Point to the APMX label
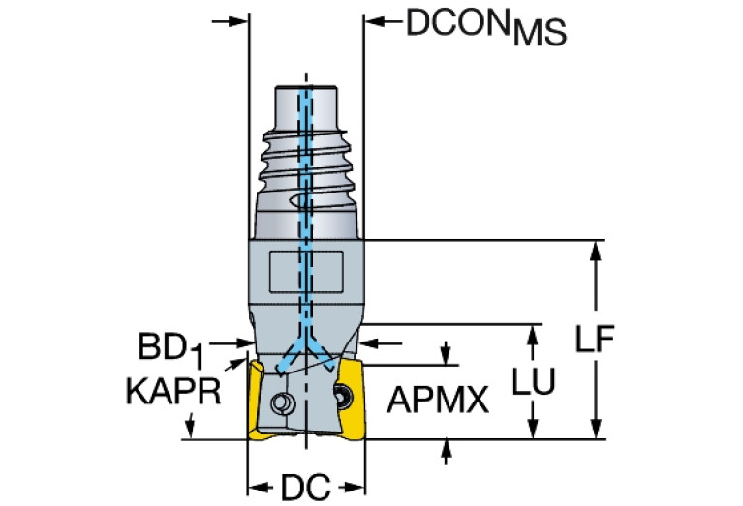(439, 399)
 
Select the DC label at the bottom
(306, 486)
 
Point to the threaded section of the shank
(307, 164)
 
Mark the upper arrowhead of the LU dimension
(531, 333)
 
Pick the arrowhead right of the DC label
(356, 486)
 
